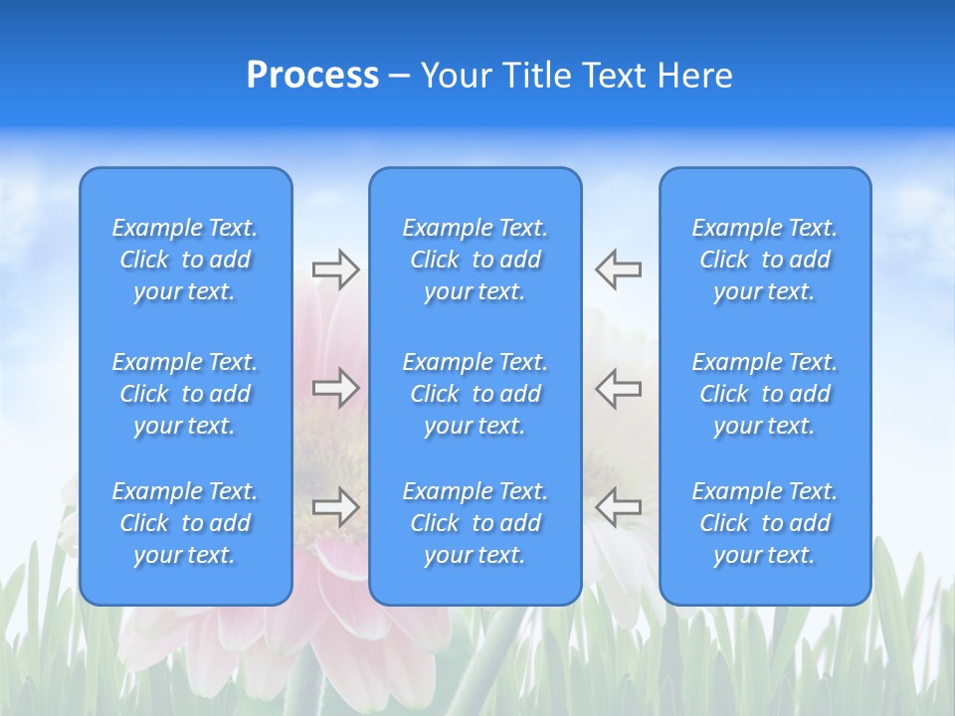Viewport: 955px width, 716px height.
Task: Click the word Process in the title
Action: click(x=312, y=76)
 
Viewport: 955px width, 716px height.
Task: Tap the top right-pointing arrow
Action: click(x=335, y=269)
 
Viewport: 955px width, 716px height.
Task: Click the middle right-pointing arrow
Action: click(x=335, y=388)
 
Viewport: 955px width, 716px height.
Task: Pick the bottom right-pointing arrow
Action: click(x=335, y=507)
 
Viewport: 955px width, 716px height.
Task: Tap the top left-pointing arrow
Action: click(x=619, y=269)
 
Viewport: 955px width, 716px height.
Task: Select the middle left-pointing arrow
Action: click(x=619, y=388)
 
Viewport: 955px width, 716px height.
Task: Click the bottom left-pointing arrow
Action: click(x=619, y=507)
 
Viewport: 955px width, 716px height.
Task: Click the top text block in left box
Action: click(x=185, y=260)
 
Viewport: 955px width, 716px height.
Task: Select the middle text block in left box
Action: click(x=185, y=394)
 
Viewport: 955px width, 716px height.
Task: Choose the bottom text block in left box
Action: click(x=185, y=523)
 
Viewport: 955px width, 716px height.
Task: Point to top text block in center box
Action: click(x=475, y=260)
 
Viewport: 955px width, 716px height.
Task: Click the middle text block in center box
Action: click(x=475, y=394)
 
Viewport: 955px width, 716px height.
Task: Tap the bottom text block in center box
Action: click(x=475, y=523)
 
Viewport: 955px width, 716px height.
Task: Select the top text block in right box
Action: click(x=764, y=260)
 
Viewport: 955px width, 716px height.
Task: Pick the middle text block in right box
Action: click(x=764, y=394)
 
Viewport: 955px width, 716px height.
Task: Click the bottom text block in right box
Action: click(x=764, y=523)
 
